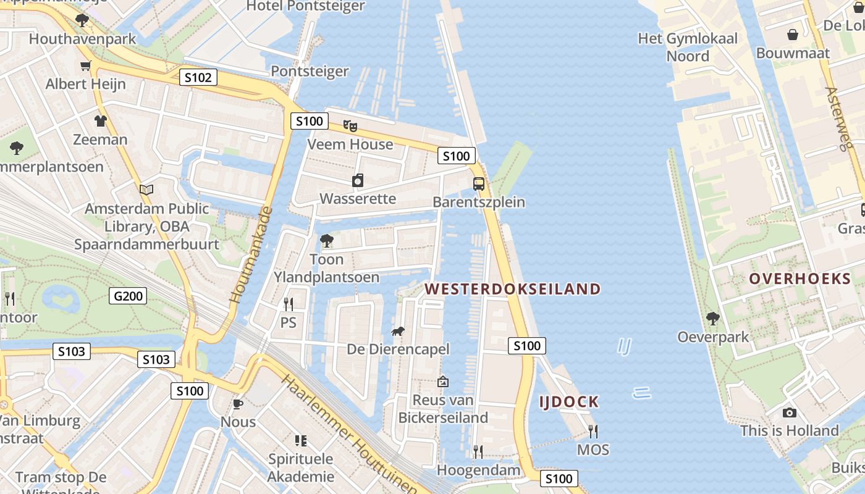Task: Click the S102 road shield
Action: [198, 77]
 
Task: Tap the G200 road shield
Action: [128, 296]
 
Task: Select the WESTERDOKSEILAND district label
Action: [513, 289]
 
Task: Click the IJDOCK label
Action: [569, 402]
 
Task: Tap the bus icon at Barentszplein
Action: [479, 183]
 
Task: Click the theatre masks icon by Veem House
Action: [350, 127]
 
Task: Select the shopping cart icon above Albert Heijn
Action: [85, 66]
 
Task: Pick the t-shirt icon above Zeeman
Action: [100, 121]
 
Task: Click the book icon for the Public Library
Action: [146, 190]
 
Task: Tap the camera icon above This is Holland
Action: [789, 412]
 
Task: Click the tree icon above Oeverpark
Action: [713, 319]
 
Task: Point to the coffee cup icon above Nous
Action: [238, 404]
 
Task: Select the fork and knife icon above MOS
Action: [593, 431]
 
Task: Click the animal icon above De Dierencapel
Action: [398, 332]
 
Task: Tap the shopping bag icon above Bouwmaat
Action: [793, 35]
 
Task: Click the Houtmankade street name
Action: [251, 254]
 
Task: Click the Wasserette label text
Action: [358, 199]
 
